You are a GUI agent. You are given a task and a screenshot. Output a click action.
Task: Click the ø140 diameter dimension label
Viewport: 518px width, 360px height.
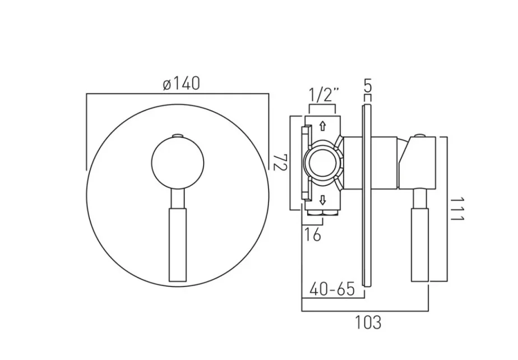[181, 84]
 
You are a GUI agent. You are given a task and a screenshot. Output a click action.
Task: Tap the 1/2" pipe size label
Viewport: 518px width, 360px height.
[322, 94]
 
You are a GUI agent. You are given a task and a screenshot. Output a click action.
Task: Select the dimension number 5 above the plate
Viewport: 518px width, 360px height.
[367, 87]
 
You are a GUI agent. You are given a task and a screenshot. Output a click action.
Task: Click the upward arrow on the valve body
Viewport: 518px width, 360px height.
[322, 127]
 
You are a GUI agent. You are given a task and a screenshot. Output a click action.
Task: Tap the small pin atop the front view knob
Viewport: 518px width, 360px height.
[178, 135]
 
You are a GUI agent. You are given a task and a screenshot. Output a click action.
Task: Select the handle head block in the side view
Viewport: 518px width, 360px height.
[418, 163]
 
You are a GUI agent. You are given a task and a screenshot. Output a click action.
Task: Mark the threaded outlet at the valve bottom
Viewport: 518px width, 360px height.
[322, 214]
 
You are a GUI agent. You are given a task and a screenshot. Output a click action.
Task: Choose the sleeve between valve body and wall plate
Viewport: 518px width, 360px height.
[353, 163]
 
